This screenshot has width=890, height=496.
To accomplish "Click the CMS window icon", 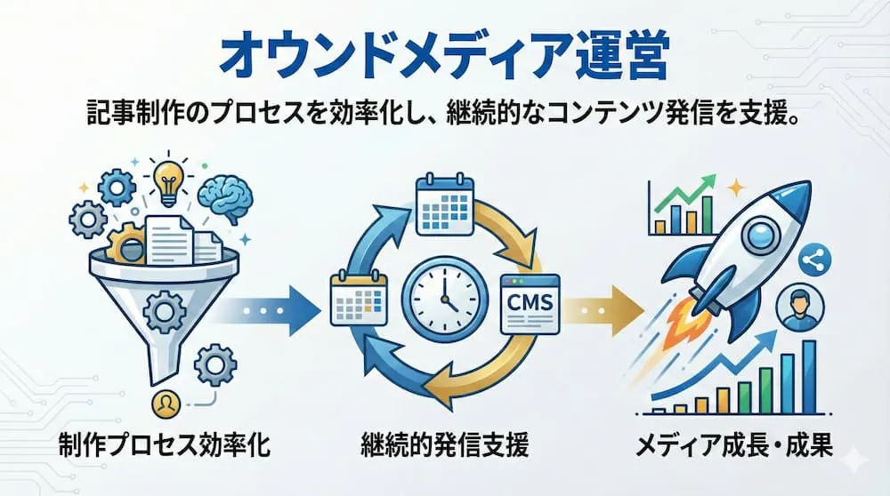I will pos(529,304).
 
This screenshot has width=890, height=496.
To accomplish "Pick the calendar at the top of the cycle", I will pos(443,206).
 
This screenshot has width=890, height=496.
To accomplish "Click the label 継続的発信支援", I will pos(445,444).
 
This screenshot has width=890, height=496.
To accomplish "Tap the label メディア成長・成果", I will pos(734,444).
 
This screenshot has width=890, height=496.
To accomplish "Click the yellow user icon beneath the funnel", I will pos(165,405).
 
